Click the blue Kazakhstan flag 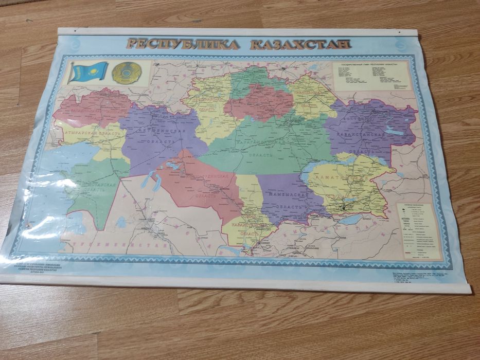[x=89, y=71]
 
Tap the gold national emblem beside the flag [x=126, y=73]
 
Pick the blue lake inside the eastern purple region [x=395, y=132]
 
